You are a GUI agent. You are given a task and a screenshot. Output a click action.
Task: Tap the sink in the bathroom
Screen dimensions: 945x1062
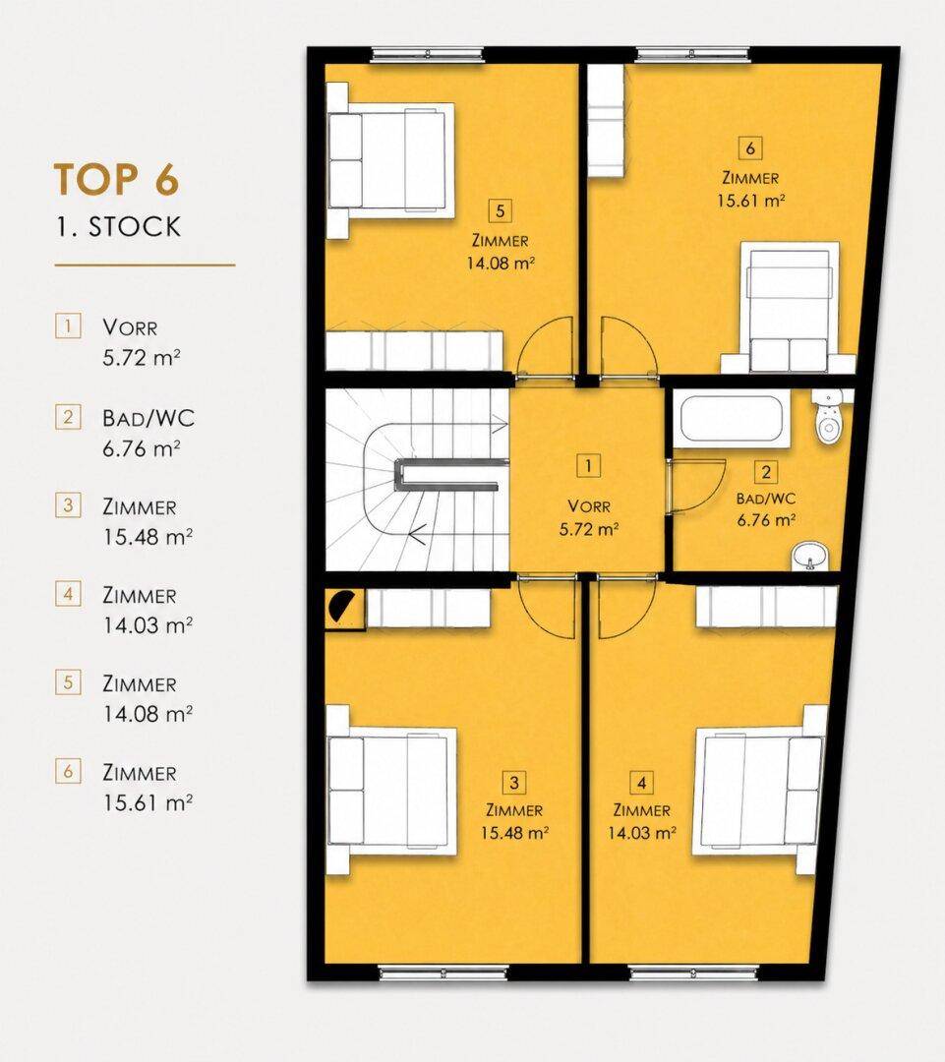pyautogui.click(x=809, y=556)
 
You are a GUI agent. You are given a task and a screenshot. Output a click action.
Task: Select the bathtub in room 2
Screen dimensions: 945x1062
pyautogui.click(x=732, y=421)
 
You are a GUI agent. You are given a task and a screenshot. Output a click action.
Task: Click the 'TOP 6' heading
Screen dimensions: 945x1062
pyautogui.click(x=116, y=180)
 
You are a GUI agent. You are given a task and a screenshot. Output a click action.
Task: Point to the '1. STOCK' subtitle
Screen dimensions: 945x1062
pyautogui.click(x=119, y=227)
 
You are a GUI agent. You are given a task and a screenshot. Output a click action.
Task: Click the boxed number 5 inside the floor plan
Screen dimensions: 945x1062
pyautogui.click(x=500, y=211)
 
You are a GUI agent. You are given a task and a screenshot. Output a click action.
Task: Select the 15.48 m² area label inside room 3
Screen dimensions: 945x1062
pyautogui.click(x=514, y=833)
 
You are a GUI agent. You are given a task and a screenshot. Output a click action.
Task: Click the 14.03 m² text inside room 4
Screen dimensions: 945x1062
pyautogui.click(x=641, y=833)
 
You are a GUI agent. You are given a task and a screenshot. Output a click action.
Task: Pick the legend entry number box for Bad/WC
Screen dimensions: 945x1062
pyautogui.click(x=68, y=417)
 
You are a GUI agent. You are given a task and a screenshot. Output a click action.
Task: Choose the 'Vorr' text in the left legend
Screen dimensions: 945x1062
pyautogui.click(x=130, y=327)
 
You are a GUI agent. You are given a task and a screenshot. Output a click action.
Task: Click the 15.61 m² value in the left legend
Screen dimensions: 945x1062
pyautogui.click(x=148, y=803)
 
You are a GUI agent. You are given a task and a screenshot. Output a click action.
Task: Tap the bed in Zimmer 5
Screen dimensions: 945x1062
pyautogui.click(x=390, y=160)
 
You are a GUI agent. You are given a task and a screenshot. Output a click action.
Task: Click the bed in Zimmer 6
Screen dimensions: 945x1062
pyautogui.click(x=789, y=308)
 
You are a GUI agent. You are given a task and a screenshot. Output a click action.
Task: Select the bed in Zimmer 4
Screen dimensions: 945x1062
pyautogui.click(x=759, y=791)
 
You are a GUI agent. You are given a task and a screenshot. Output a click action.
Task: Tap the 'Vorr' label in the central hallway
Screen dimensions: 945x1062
pyautogui.click(x=589, y=506)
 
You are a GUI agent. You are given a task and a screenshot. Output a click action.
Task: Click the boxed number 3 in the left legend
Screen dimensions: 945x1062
pyautogui.click(x=68, y=505)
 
